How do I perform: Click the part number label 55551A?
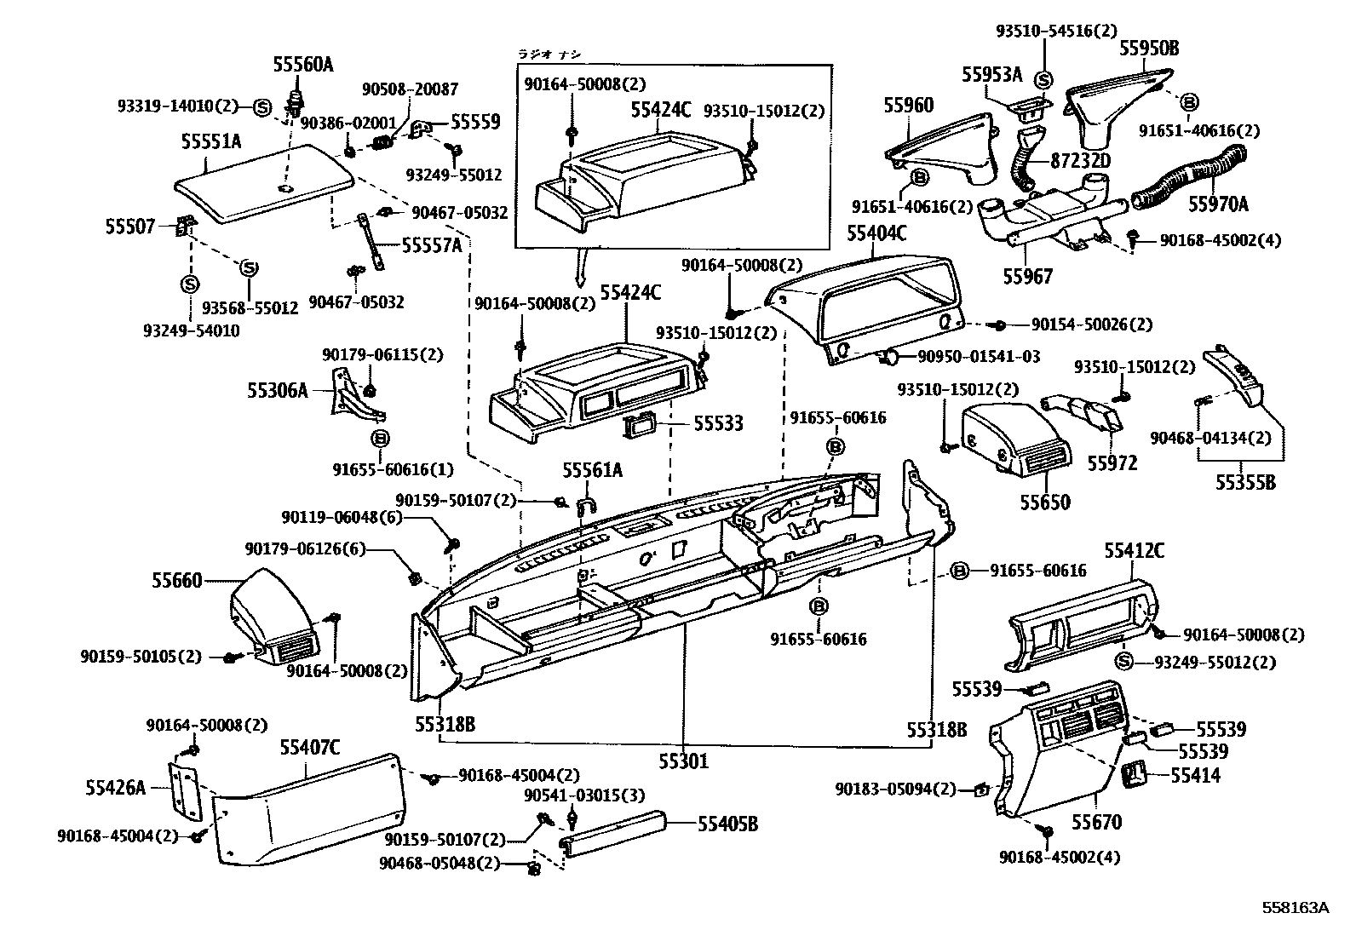[x=211, y=141]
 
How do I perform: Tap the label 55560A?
[x=302, y=64]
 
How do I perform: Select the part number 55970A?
[x=1218, y=204]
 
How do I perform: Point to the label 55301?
[x=682, y=761]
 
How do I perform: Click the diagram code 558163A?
[x=1296, y=908]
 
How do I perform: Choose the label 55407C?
[x=310, y=749]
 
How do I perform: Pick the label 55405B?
[x=727, y=824]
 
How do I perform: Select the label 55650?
[x=1045, y=502]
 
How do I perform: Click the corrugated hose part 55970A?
[x=1188, y=179]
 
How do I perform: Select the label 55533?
[x=717, y=423]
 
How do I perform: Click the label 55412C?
[x=1134, y=551]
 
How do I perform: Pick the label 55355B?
[x=1245, y=483]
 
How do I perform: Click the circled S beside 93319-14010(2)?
[x=262, y=106]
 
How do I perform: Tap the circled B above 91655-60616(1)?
[x=381, y=439]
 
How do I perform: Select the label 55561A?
[x=592, y=470]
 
